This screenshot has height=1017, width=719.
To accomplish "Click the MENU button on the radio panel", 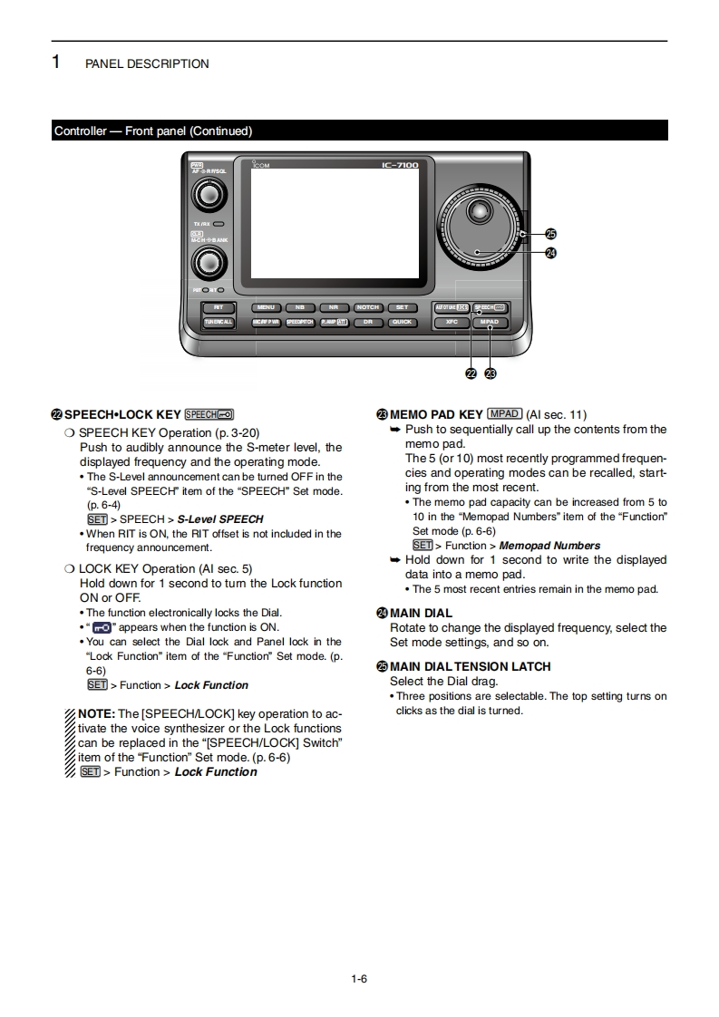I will [x=266, y=307].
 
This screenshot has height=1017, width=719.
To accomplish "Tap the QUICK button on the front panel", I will [x=402, y=322].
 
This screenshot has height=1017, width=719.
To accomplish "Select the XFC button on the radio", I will [x=451, y=322].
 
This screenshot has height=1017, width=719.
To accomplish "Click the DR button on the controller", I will [x=367, y=322].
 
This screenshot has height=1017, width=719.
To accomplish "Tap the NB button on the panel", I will [x=300, y=307].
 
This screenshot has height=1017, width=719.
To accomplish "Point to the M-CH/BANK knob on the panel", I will [x=209, y=264].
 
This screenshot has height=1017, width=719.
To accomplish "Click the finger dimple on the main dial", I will [x=476, y=214].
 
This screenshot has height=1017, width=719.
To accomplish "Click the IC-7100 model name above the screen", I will [x=400, y=165].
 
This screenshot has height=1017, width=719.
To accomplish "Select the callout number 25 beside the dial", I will [x=550, y=234].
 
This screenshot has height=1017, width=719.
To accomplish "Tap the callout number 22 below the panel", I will [x=471, y=373].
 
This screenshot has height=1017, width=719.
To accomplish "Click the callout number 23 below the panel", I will [x=491, y=373].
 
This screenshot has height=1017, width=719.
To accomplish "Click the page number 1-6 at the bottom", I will [x=359, y=978].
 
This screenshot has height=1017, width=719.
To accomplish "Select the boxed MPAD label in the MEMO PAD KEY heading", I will [x=504, y=414].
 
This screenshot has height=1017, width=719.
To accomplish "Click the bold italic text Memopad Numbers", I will [x=549, y=546].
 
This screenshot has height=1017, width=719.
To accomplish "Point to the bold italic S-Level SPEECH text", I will [x=220, y=519].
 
